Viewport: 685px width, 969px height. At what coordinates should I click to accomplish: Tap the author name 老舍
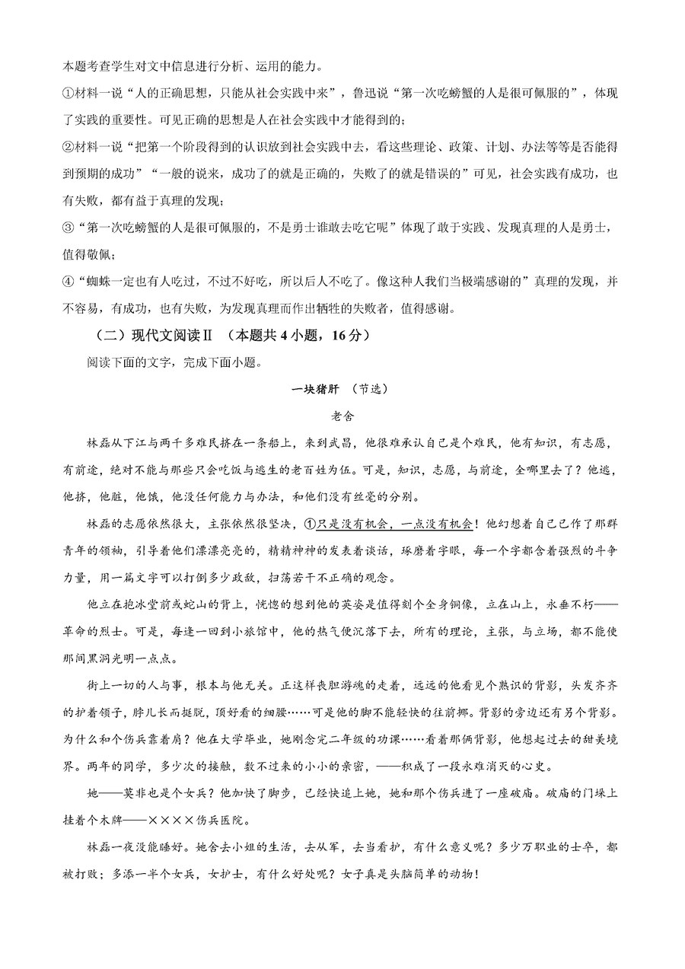coord(342,416)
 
